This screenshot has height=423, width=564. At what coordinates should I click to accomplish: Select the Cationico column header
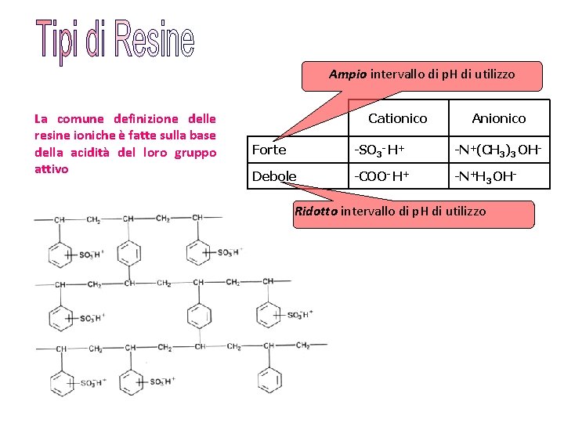[x=397, y=118]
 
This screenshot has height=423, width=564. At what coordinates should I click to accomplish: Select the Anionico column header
[x=498, y=118]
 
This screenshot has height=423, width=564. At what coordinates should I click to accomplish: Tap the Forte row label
[x=269, y=150]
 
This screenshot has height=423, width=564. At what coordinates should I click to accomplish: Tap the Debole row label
[x=274, y=176]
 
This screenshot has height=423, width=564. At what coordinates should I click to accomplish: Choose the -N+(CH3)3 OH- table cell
[x=499, y=150]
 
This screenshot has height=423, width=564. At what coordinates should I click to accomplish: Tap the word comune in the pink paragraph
[x=80, y=119]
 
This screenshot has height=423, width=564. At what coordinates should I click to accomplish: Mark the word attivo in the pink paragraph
[x=52, y=168]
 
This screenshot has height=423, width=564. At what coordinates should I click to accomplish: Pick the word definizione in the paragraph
[x=145, y=119]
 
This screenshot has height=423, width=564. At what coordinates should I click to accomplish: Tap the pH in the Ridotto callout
[x=420, y=211]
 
